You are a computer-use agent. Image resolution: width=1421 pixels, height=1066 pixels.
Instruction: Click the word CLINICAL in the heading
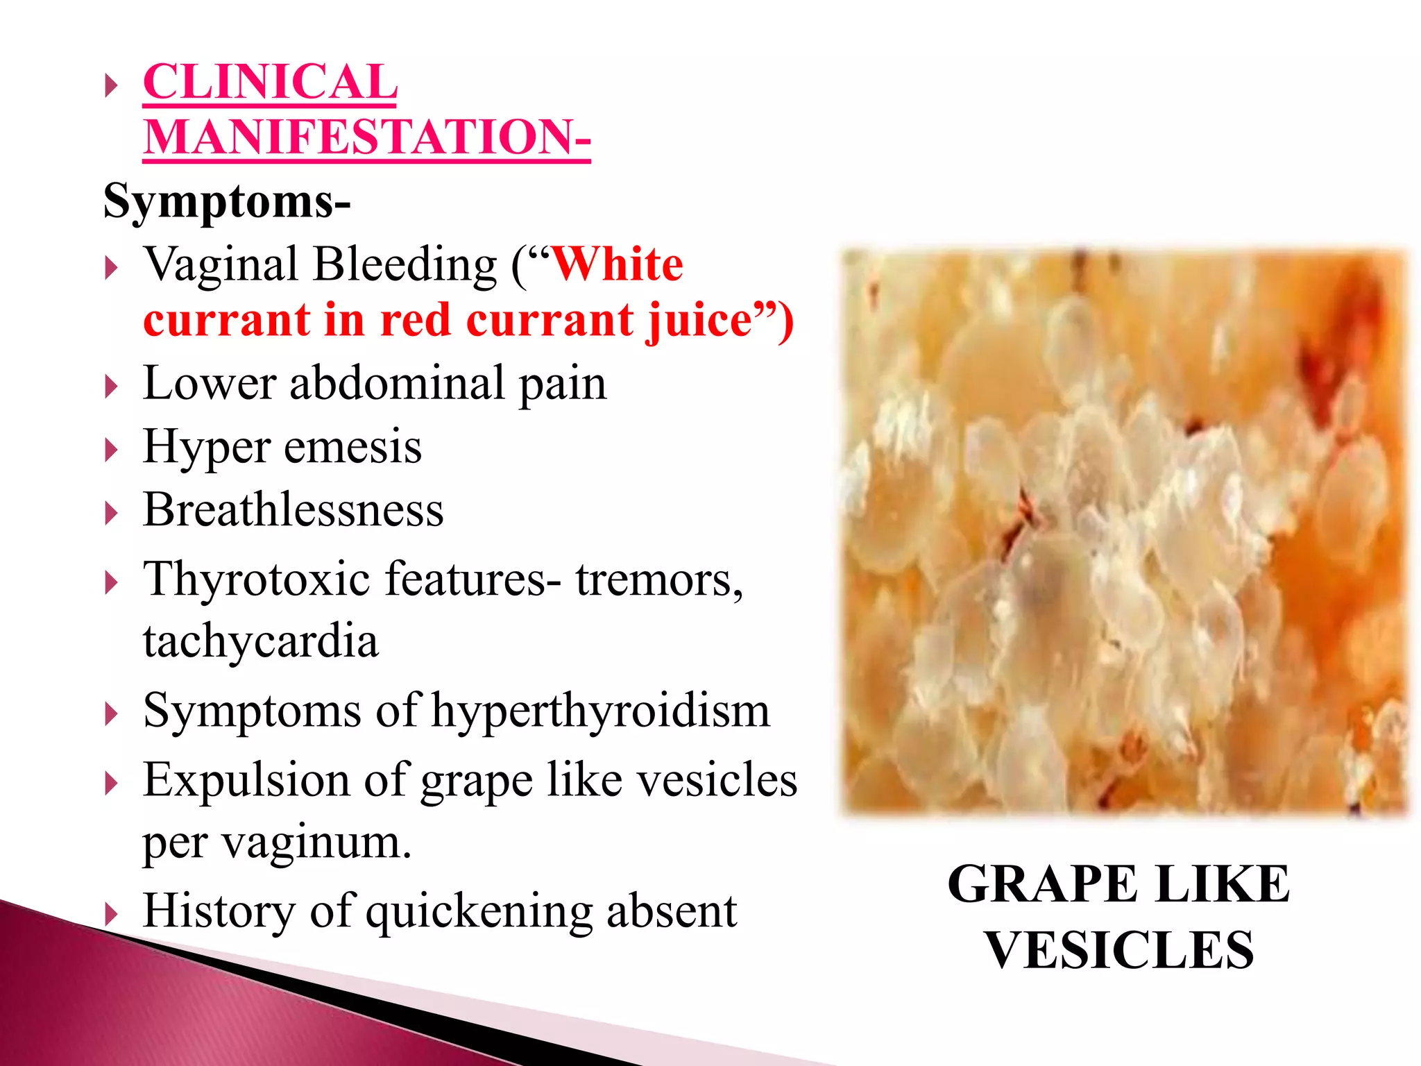pyautogui.click(x=270, y=82)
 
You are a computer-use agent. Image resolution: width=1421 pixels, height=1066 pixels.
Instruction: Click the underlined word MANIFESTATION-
pyautogui.click(x=366, y=137)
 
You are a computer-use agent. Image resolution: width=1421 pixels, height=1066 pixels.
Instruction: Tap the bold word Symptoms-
pyautogui.click(x=227, y=201)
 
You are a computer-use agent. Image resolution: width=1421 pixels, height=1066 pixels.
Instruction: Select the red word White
pyautogui.click(x=617, y=264)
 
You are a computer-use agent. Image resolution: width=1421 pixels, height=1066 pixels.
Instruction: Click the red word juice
pyautogui.click(x=699, y=321)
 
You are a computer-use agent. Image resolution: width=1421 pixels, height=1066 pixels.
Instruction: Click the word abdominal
pyautogui.click(x=397, y=383)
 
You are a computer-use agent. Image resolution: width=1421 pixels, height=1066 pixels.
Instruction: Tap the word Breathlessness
pyautogui.click(x=293, y=510)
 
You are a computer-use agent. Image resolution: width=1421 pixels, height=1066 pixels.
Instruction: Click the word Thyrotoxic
pyautogui.click(x=256, y=579)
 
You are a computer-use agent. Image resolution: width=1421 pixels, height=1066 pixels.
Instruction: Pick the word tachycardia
pyautogui.click(x=261, y=641)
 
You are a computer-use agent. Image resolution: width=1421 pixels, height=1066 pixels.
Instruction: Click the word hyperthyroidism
pyautogui.click(x=600, y=711)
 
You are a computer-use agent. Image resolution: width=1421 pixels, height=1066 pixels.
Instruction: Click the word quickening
pyautogui.click(x=478, y=911)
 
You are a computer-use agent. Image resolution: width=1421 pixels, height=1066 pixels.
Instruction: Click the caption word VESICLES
pyautogui.click(x=1119, y=951)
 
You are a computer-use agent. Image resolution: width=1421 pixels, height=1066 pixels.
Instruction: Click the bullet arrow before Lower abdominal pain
pyautogui.click(x=111, y=386)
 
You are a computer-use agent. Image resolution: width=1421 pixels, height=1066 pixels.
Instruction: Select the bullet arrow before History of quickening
pyautogui.click(x=111, y=914)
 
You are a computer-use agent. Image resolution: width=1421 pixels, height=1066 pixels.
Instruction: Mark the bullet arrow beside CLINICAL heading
pyautogui.click(x=111, y=86)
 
